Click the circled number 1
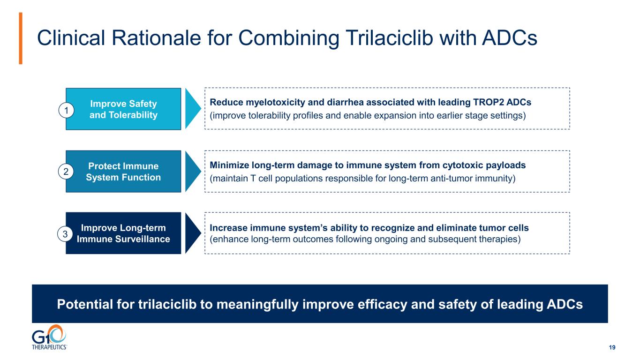point(66,110)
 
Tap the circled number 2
point(66,172)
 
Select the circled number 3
point(65,234)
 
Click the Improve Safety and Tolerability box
point(123,109)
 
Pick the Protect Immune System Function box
point(123,172)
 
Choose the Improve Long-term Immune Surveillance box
point(123,233)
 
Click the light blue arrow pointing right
point(193,109)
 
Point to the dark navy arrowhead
point(193,233)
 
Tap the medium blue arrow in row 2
point(193,172)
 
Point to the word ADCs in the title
point(510,37)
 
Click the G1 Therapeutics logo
point(49,337)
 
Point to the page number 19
point(612,347)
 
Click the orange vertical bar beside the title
point(21,38)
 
